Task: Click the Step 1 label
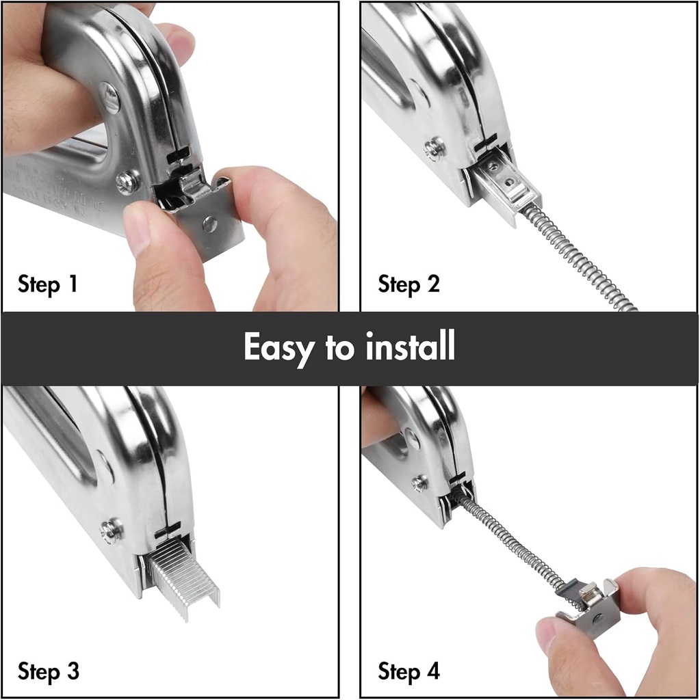[x=48, y=284]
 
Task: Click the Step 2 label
[x=409, y=284]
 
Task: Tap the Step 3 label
[x=48, y=671]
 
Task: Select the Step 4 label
[x=409, y=671]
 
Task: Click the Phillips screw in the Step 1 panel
[x=127, y=182]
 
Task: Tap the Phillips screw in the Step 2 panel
[x=433, y=148]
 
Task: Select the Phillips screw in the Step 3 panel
[x=111, y=529]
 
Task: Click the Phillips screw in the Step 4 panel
[x=419, y=483]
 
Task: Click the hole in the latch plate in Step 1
[x=209, y=224]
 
